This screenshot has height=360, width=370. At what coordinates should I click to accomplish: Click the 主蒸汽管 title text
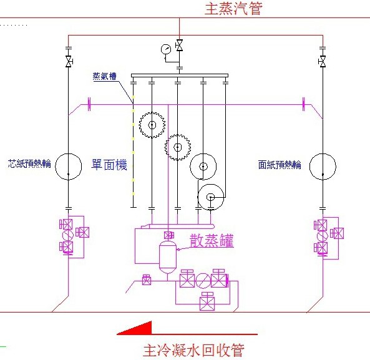233,8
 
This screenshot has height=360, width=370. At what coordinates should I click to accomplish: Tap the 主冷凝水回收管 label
193,350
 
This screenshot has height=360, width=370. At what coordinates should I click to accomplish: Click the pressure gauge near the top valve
166,49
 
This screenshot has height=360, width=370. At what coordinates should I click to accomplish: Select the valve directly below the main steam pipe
179,45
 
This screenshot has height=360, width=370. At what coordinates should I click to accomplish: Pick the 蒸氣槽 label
104,77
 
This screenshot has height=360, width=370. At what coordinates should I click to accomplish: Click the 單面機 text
109,165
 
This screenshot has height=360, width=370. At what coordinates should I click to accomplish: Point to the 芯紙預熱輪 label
29,163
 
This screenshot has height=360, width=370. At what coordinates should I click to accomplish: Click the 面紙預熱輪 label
280,165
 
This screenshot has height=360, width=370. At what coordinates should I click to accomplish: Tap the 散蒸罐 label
212,240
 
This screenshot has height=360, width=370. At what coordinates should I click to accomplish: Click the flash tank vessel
168,257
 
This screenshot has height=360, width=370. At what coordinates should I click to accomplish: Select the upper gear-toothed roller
152,125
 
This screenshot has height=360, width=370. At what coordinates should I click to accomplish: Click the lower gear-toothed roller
177,147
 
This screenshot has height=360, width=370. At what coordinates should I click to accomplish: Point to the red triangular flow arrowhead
137,329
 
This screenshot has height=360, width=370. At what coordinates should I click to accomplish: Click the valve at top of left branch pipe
69,62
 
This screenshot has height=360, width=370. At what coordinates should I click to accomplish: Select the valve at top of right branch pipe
322,62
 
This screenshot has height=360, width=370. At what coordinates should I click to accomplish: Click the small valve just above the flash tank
168,235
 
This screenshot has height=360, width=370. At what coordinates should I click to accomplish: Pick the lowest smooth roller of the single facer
211,197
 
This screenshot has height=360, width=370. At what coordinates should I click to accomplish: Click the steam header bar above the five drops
180,75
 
